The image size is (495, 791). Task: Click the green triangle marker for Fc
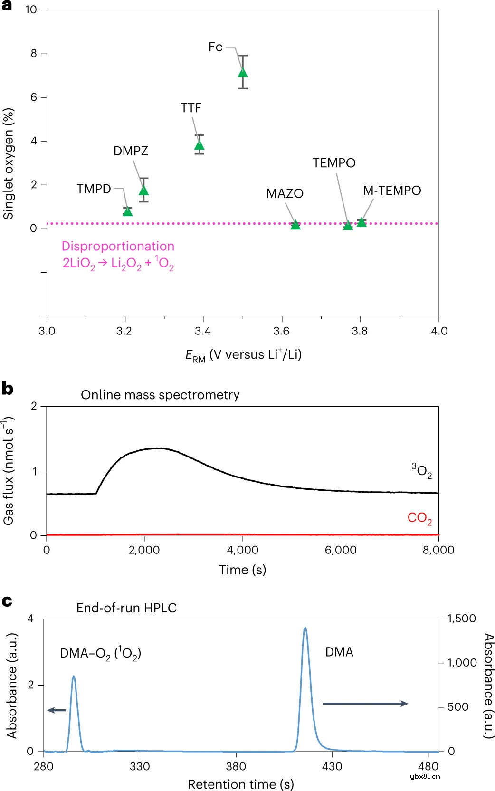tap(243, 72)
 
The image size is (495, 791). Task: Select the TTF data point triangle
tap(200, 145)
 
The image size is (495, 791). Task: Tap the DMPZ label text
tap(131, 151)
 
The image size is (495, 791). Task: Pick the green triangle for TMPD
tap(127, 211)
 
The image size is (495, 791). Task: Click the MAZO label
tap(285, 193)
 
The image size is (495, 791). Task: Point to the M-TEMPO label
tap(392, 191)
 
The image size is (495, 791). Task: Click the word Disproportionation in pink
tap(118, 246)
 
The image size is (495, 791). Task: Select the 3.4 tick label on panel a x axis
tap(203, 331)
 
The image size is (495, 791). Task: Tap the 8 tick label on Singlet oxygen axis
tap(34, 54)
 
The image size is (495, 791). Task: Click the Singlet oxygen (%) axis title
tap(9, 163)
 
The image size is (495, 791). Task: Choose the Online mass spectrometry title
tap(160, 395)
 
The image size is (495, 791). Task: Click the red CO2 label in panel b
tap(419, 518)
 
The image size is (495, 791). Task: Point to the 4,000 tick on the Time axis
tap(243, 550)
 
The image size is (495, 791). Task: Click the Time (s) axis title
tap(242, 570)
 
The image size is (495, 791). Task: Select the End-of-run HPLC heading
tap(126, 608)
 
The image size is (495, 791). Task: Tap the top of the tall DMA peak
tap(305, 629)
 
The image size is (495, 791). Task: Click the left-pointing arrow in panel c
tap(57, 710)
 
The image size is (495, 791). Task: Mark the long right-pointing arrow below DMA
tap(365, 704)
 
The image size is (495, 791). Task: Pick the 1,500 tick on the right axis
tap(461, 619)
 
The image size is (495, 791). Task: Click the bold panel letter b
tap(7, 388)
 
